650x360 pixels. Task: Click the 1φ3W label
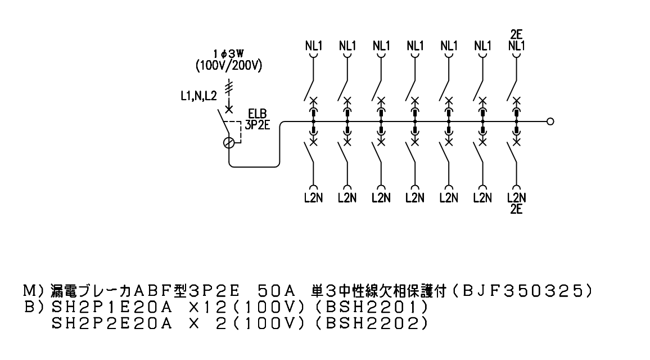[x=228, y=53]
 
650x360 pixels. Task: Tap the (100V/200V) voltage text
[x=229, y=65]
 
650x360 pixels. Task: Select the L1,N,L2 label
[x=198, y=96]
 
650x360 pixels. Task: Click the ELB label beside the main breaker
[x=258, y=114]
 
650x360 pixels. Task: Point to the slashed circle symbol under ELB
[x=229, y=143]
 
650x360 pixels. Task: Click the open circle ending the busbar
[x=550, y=121]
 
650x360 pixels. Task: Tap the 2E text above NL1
[x=517, y=34]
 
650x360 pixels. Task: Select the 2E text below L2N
[x=516, y=209]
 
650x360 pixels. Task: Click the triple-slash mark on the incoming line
[x=229, y=88]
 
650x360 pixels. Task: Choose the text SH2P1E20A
[x=112, y=307]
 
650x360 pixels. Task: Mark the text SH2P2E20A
[x=112, y=323]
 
